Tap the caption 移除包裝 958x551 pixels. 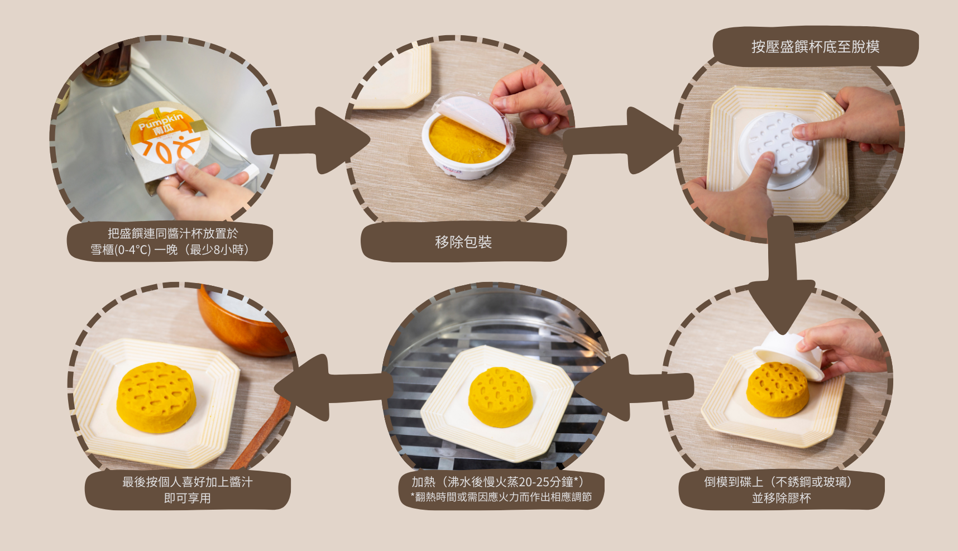(x=463, y=242)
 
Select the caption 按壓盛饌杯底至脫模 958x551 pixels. (x=815, y=46)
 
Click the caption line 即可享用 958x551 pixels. (x=188, y=498)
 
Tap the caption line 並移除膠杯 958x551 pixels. (x=782, y=498)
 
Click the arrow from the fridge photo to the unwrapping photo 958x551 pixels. (x=310, y=140)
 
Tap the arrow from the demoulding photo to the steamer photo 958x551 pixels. (x=634, y=387)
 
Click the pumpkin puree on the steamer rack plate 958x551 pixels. (x=500, y=396)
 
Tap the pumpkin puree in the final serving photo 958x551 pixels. (x=156, y=397)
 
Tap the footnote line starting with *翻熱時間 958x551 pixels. (x=501, y=497)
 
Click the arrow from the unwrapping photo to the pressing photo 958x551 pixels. (x=622, y=140)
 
